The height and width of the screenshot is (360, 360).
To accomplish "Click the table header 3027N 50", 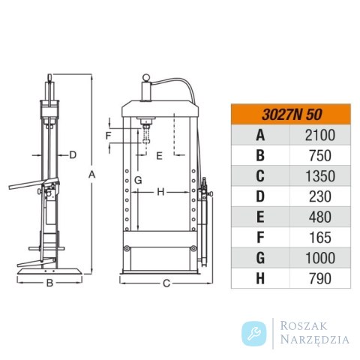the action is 292,115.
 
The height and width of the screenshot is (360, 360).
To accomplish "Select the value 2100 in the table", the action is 320,135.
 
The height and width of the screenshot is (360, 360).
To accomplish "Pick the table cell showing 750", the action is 320,156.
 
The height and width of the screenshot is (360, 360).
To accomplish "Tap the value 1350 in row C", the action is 320,176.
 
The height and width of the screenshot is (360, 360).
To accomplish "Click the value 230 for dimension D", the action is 320,196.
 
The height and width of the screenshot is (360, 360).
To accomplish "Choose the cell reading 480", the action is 320,217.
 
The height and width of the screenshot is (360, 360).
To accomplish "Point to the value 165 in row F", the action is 320,238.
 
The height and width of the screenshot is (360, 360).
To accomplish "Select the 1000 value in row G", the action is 320,258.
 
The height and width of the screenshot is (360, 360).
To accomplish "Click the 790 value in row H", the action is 320,279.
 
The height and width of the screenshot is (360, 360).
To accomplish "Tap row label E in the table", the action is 260,217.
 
